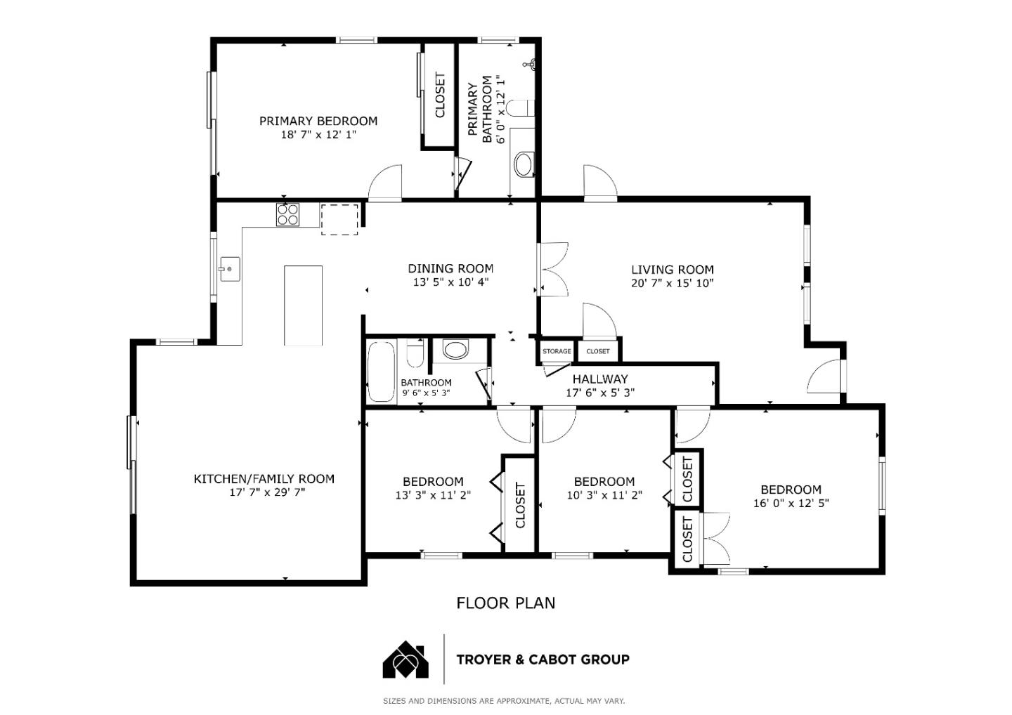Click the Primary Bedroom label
(318, 121)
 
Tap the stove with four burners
(287, 214)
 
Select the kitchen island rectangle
(303, 306)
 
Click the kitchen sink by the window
(229, 268)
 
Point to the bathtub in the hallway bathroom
(381, 372)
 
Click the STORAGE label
(557, 351)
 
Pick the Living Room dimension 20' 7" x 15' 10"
(672, 283)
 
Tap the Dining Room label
(450, 268)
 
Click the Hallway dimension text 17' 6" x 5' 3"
(600, 393)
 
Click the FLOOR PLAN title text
(505, 603)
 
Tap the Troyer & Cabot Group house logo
(406, 660)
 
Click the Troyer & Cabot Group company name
(543, 660)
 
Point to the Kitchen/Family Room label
(264, 479)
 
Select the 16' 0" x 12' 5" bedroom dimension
(791, 503)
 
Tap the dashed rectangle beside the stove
(339, 219)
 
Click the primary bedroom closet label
(440, 96)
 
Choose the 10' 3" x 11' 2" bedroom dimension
(604, 494)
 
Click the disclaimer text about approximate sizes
(503, 700)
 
